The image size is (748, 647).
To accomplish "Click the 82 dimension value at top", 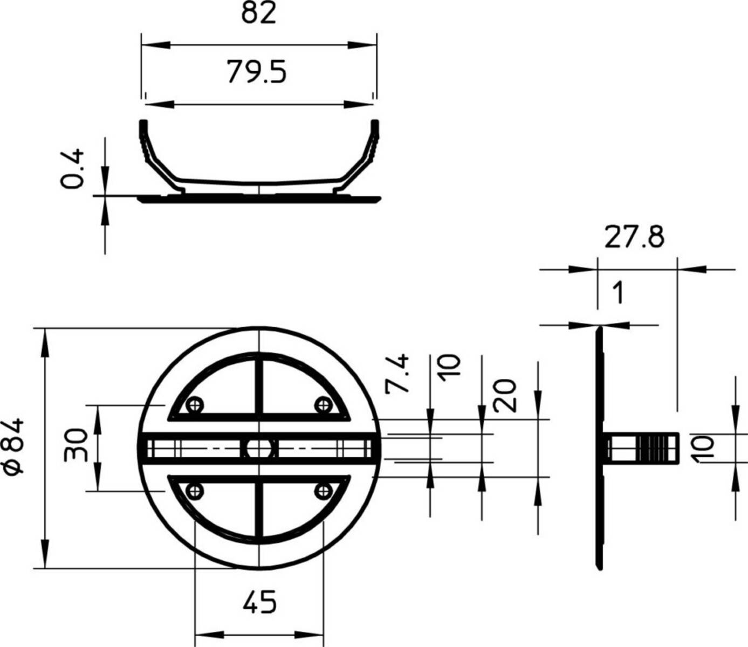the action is pyautogui.click(x=258, y=14).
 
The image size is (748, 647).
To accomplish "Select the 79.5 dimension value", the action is pyautogui.click(x=257, y=72).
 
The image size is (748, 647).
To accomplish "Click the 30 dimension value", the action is pyautogui.click(x=76, y=445).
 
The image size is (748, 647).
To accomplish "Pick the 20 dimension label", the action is pyautogui.click(x=504, y=396).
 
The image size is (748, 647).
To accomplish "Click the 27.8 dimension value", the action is pyautogui.click(x=635, y=237).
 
